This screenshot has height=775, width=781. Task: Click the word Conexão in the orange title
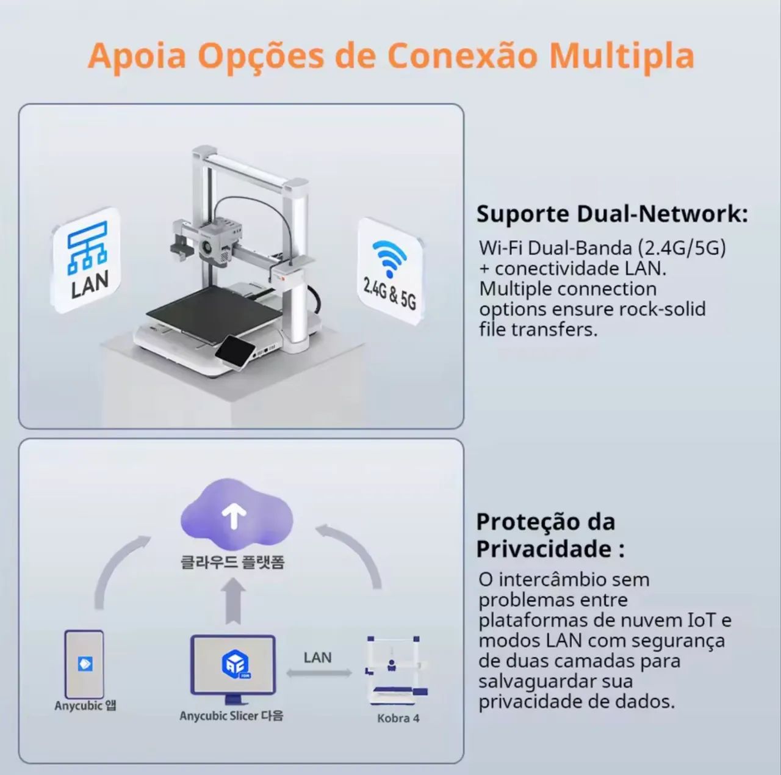[462, 56]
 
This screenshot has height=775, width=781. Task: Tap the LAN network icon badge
[86, 260]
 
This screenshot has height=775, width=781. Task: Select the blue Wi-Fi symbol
[389, 258]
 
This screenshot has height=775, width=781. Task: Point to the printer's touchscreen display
[236, 348]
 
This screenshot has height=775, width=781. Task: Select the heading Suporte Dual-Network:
[612, 214]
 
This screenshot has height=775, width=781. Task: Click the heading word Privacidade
[544, 549]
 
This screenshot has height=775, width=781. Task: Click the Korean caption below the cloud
[232, 562]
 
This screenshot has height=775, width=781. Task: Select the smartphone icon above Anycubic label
[84, 664]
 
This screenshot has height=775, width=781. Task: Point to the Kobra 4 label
[398, 718]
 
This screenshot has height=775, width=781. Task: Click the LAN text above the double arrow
[318, 658]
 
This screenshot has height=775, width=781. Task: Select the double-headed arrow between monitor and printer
[319, 673]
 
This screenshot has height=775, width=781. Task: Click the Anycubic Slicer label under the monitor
[231, 716]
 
